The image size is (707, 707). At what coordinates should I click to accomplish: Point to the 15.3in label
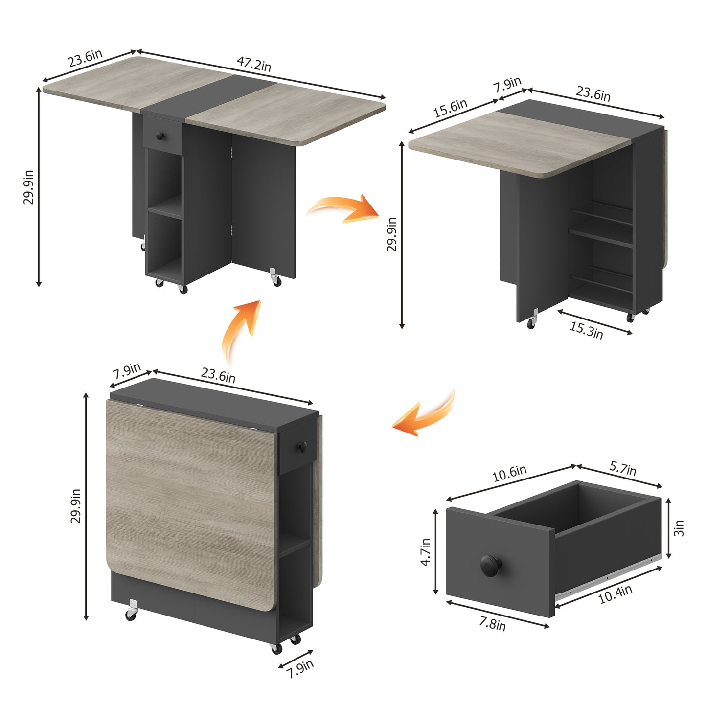coord(586,330)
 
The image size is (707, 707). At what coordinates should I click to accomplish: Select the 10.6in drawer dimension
coord(509,473)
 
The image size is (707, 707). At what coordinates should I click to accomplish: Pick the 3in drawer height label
coord(679,528)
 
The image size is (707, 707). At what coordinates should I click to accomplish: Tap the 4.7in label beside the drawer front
coord(426,552)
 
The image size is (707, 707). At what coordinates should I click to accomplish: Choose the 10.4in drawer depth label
coord(616,594)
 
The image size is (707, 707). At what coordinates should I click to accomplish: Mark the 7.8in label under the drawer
coord(492,624)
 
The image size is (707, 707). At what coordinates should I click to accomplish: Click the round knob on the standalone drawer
coord(491,566)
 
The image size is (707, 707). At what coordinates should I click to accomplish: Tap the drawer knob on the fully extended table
coord(160,136)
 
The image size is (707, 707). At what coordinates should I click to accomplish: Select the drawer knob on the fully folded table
coord(302,447)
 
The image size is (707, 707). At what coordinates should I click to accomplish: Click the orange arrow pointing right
coord(343,209)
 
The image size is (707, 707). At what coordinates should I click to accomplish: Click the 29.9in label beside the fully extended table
coord(28,187)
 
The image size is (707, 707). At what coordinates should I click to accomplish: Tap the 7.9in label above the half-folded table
coord(507,85)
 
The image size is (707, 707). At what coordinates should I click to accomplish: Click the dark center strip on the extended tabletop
coord(209,96)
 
